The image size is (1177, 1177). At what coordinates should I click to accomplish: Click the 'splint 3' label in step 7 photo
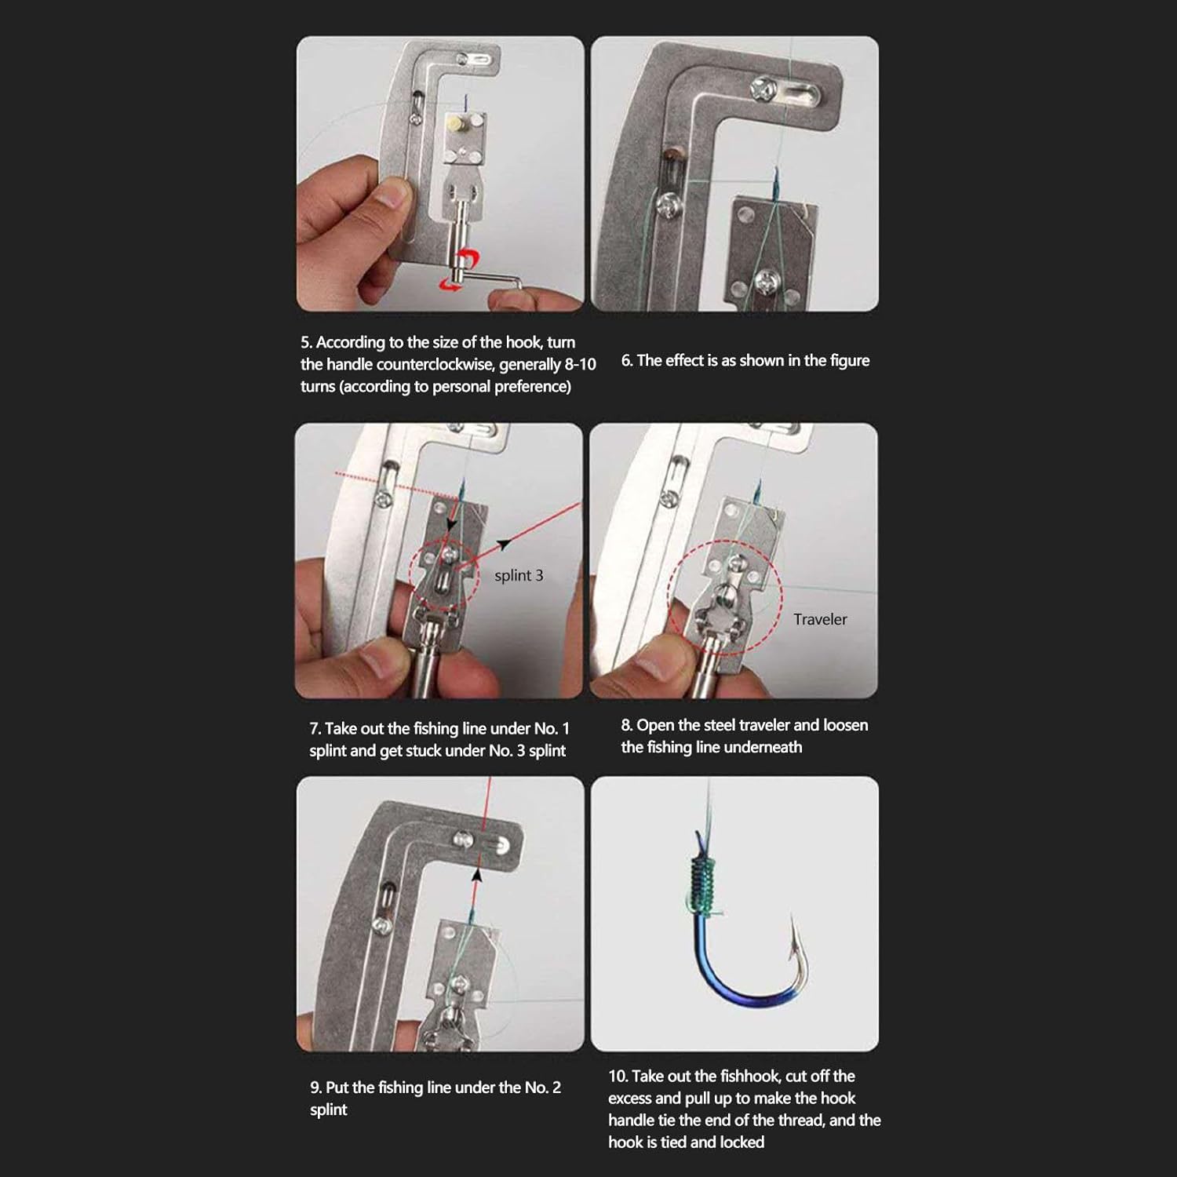[518, 575]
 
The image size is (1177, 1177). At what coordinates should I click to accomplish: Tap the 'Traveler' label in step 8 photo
[819, 619]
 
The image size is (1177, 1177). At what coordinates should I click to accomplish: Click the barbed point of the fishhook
[794, 926]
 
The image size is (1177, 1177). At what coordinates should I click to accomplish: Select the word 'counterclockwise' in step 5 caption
[435, 365]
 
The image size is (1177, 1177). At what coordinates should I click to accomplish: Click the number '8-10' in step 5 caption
[580, 365]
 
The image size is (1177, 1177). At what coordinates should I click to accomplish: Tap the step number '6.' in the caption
[627, 361]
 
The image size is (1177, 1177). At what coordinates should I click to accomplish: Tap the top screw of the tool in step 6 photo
[763, 88]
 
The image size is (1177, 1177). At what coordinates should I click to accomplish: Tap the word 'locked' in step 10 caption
[742, 1142]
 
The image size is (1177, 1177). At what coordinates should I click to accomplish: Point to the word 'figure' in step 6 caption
[850, 361]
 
